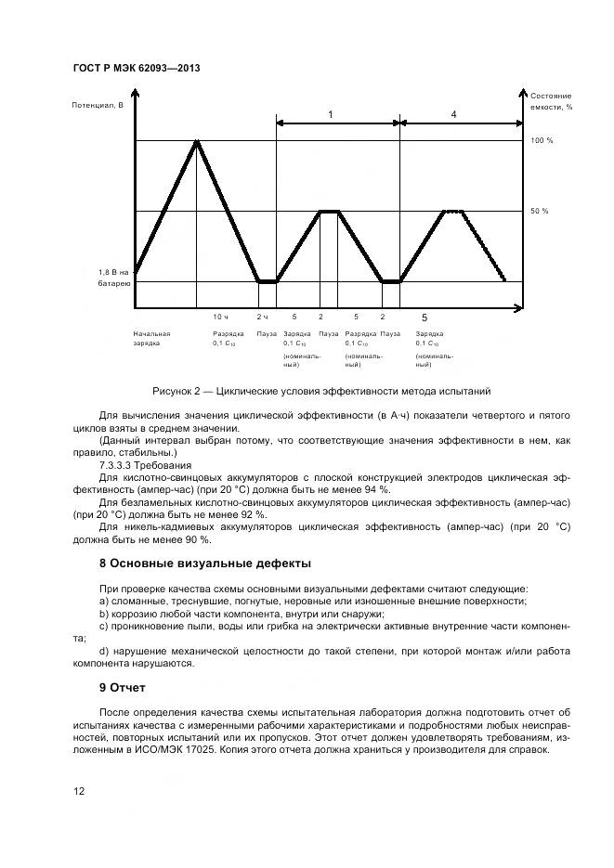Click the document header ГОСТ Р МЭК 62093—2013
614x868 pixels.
pos(137,69)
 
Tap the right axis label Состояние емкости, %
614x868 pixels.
pos(551,101)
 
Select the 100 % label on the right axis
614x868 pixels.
pos(542,140)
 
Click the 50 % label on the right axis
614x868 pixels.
pos(540,212)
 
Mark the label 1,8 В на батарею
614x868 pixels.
pos(114,277)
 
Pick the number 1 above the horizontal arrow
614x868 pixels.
pos(330,113)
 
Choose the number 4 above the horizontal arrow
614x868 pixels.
pos(453,113)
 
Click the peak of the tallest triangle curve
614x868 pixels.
pos(196,141)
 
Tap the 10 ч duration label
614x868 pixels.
pos(220,317)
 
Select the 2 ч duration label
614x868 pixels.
pos(263,317)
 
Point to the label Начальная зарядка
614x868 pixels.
pos(151,338)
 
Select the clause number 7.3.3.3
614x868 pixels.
pos(118,464)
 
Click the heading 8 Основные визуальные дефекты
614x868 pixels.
pos(205,564)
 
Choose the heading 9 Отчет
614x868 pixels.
pos(122,689)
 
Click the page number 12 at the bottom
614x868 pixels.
pos(80,792)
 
